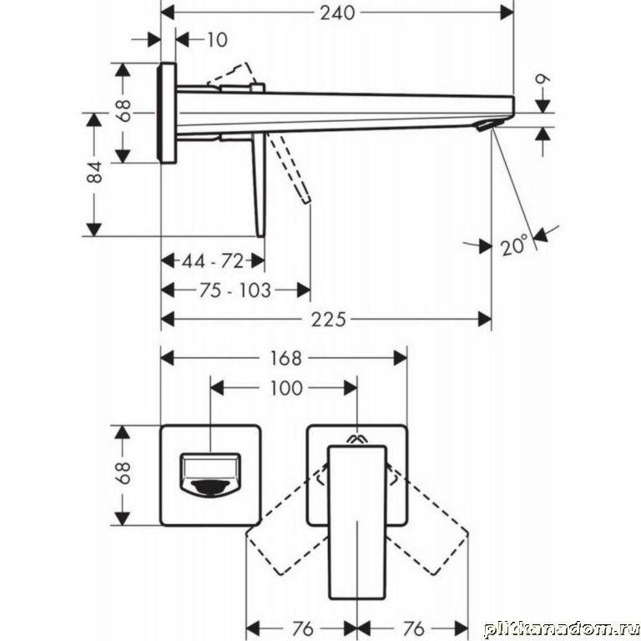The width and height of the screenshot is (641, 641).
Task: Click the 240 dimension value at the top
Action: coord(337,13)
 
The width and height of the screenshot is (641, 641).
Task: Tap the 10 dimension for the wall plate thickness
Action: coord(217,40)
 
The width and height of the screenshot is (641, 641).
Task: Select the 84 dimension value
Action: coord(95,172)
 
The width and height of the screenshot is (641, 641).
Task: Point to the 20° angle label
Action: coord(514,246)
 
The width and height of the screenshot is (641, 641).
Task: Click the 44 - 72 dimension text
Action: coord(213,260)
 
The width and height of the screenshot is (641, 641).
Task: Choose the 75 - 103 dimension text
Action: coord(235,290)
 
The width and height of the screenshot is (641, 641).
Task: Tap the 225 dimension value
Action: coord(328,320)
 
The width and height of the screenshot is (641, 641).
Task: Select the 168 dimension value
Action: coord(285,359)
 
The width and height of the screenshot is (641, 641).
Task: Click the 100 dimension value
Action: coord(286,388)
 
